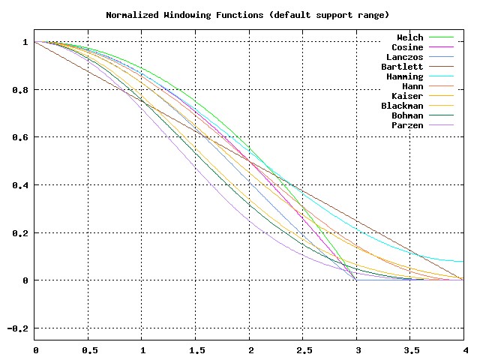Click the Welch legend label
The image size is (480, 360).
(x=410, y=37)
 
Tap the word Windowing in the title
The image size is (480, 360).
(x=187, y=14)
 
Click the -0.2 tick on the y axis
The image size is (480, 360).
(x=16, y=328)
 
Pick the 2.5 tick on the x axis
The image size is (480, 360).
(x=303, y=350)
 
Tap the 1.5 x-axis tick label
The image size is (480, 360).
(x=196, y=350)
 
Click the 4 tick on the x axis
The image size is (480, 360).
(x=463, y=350)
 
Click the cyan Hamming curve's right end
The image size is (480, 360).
(x=463, y=262)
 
